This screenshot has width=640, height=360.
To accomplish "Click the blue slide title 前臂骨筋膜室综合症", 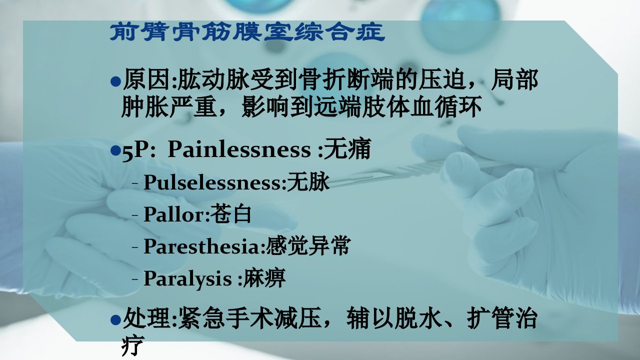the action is pos(247,32).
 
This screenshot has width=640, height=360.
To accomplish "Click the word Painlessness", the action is pos(239,149).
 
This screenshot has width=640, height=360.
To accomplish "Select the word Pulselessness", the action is pos(212,182).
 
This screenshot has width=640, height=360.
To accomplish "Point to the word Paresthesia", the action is pos(201,246).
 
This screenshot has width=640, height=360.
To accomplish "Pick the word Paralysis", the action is pos(187,279).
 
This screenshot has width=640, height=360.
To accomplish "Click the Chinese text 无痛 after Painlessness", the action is pos(347,148).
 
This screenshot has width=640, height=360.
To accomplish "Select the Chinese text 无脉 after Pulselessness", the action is pos(308,181).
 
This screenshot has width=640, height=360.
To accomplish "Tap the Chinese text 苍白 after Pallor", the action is pos(231,213).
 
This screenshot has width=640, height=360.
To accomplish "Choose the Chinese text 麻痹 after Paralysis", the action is pos(264,277).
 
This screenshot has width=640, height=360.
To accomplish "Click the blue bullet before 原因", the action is pos(115,81).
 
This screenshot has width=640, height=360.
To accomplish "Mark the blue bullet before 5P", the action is pos(115,150).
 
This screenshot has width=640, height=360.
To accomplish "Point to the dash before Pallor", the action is pos(135,214).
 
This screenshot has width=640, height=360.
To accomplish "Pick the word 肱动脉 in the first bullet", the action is pos(213,79).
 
